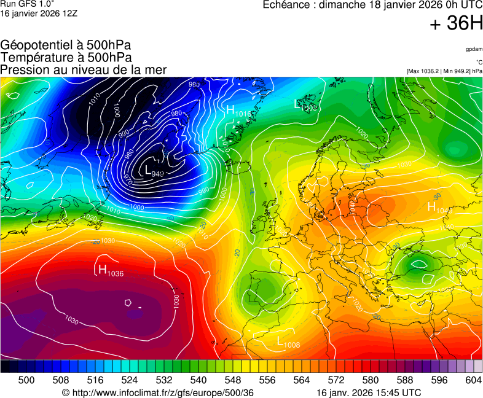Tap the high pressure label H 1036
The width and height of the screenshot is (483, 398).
point(111,270)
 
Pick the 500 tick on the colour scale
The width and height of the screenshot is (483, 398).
point(26,380)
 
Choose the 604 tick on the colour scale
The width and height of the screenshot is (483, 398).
point(473,380)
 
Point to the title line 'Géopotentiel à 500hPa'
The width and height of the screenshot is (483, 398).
point(66,45)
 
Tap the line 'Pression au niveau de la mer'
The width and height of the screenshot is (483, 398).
point(84,69)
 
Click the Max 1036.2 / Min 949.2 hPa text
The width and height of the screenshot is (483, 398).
point(444,71)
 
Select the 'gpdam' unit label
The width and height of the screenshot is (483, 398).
point(474,49)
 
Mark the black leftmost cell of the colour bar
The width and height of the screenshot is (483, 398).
point(5,367)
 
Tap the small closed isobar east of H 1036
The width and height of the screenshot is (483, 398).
point(127,302)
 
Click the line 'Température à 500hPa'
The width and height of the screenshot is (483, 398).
point(66,57)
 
